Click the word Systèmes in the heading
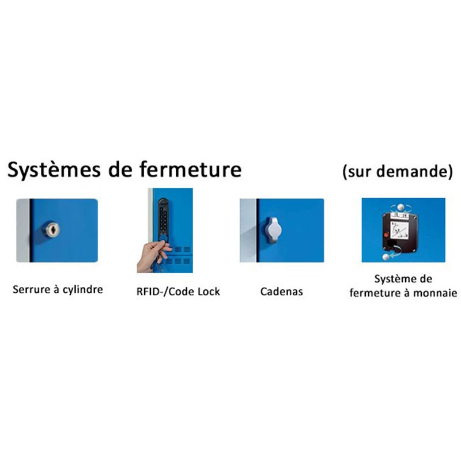pos(54,170)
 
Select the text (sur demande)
pos(398,171)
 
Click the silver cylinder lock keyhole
pos(52,229)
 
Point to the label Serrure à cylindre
pos(58,290)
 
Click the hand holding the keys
pos(152,255)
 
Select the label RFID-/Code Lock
pos(178,292)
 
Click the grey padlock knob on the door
pos(273,230)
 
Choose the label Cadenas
pos(282,292)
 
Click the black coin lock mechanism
pos(400,232)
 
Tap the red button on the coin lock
pos(387,235)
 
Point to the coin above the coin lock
pos(400,207)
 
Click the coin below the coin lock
pos(386,257)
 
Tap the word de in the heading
pos(120,169)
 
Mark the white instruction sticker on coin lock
pos(399,229)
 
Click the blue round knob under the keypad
pos(163,238)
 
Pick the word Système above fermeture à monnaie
pos(392,279)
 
